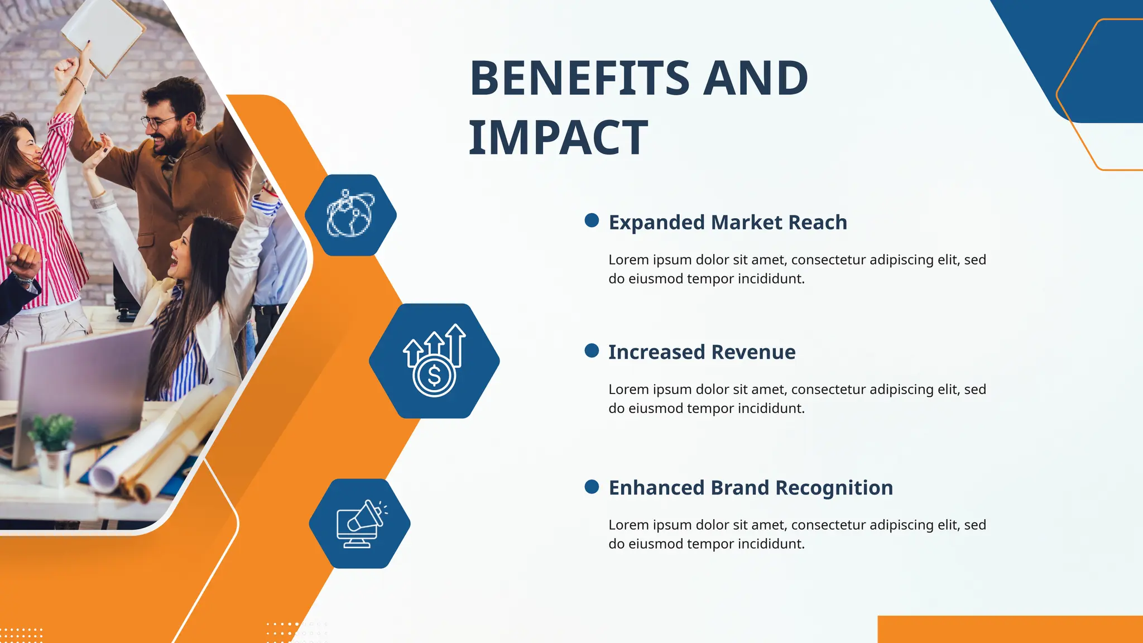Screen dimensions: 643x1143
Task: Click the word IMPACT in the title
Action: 558,138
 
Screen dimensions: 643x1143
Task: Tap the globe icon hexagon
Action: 350,215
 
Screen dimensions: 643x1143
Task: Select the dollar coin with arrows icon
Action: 434,361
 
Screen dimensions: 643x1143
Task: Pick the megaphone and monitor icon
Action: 360,524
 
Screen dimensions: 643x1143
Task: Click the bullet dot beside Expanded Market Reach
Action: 592,220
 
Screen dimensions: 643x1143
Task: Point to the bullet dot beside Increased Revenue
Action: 592,351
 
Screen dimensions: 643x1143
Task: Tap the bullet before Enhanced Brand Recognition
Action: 592,487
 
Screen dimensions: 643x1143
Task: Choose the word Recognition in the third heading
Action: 834,488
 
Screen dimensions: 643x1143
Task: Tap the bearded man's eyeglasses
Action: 159,121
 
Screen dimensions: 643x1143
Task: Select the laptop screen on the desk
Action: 84,385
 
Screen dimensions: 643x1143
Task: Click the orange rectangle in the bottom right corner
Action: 1010,629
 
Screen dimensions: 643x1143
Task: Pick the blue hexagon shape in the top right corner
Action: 1094,67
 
